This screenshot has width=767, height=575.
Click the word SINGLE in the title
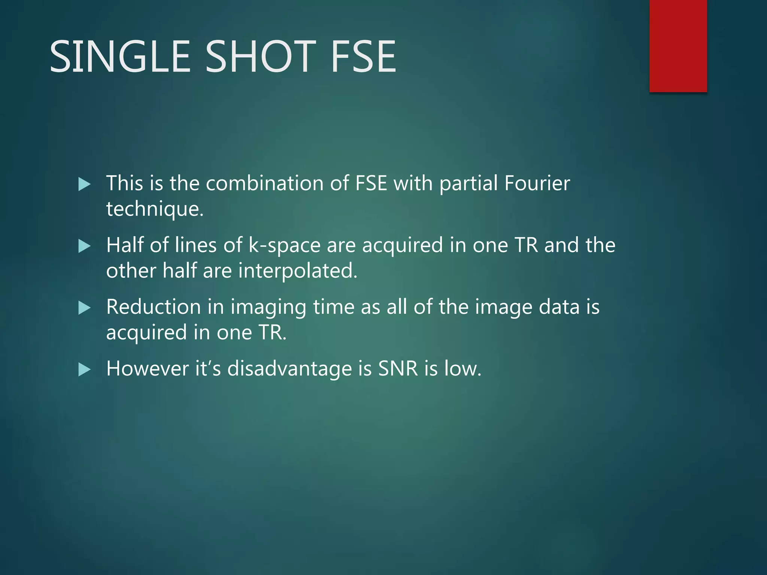(120, 57)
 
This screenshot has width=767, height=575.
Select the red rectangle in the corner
(678, 46)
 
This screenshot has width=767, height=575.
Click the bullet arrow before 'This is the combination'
(85, 184)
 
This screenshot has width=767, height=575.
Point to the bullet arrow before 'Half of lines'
(85, 246)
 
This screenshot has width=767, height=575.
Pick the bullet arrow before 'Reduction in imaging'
(85, 308)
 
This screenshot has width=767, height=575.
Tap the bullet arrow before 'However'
(85, 370)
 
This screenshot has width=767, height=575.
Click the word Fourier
(537, 183)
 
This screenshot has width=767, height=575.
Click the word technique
(155, 209)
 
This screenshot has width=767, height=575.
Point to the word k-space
(285, 246)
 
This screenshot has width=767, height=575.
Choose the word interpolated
(298, 271)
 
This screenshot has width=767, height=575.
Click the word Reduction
(154, 307)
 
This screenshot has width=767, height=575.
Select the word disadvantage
(289, 368)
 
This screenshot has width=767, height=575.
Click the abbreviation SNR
(398, 368)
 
